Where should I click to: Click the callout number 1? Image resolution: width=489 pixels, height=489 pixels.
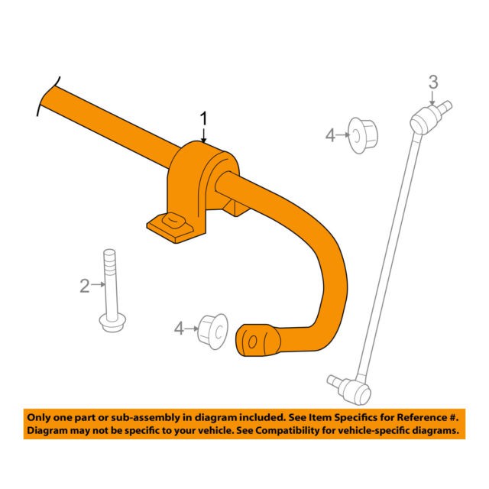(x=203, y=118)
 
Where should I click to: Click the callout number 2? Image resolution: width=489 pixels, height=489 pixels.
(x=84, y=287)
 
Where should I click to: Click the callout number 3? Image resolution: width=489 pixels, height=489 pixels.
(x=432, y=82)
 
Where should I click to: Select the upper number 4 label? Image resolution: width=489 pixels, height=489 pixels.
(x=330, y=136)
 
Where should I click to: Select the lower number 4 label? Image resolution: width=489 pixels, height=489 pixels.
(x=180, y=329)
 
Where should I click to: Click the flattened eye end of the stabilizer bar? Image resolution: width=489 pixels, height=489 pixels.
(x=257, y=340)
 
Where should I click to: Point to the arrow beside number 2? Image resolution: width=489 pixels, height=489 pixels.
(x=98, y=287)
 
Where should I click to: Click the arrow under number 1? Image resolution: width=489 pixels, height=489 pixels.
(x=203, y=135)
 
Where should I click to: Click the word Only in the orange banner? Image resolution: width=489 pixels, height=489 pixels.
(x=40, y=418)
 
